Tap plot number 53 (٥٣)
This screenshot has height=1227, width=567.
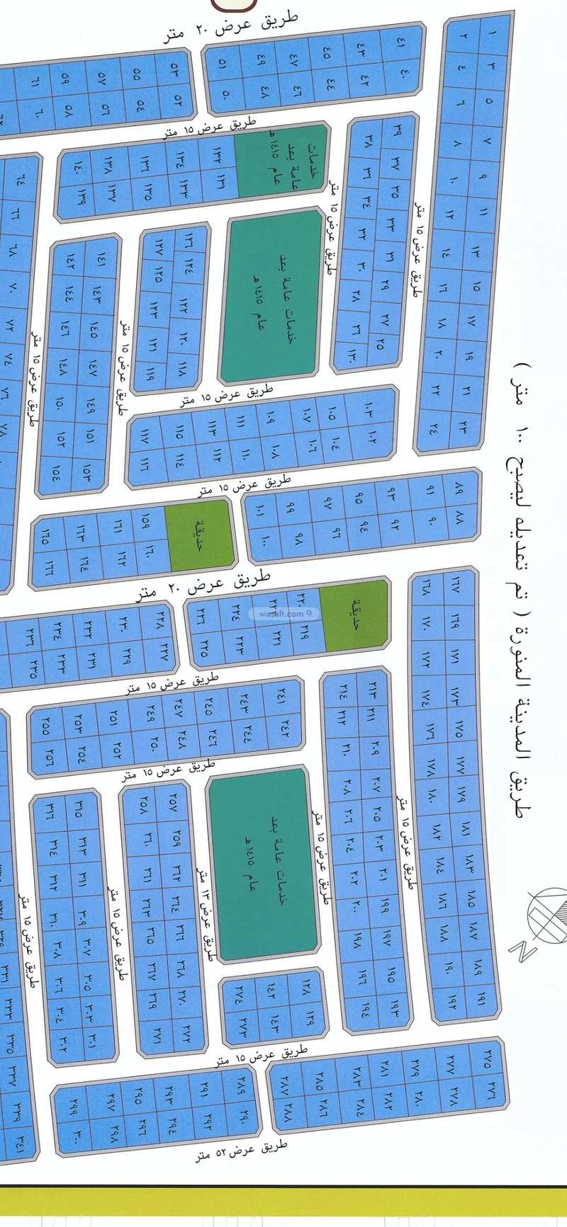coord(174,69)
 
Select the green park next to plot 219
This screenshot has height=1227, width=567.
coord(357,614)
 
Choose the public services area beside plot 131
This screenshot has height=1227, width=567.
coord(281,159)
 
